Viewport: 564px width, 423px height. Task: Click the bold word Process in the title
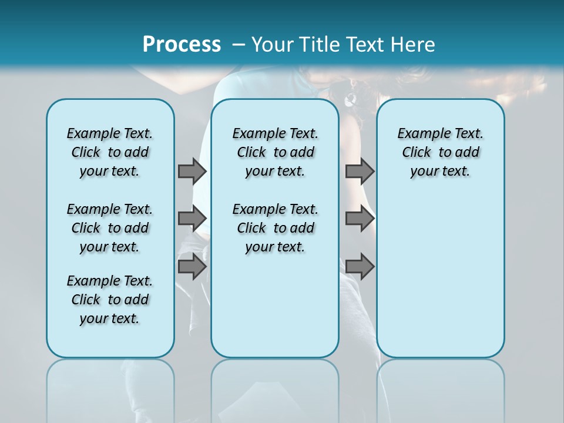click(182, 45)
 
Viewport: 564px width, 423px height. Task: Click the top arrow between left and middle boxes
click(192, 171)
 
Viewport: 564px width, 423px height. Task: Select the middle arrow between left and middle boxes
click(192, 219)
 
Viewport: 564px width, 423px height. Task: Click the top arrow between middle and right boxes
click(360, 171)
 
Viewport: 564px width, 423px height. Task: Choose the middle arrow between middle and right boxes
click(360, 219)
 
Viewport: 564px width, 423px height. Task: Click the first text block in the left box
click(110, 152)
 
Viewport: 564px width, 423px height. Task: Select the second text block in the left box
click(110, 228)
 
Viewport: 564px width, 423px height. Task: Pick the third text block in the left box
click(110, 300)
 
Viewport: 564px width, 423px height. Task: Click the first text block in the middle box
click(275, 152)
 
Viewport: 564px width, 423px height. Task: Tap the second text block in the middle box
click(275, 228)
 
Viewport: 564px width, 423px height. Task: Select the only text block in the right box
click(441, 152)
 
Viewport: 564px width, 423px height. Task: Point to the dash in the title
click(239, 45)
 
